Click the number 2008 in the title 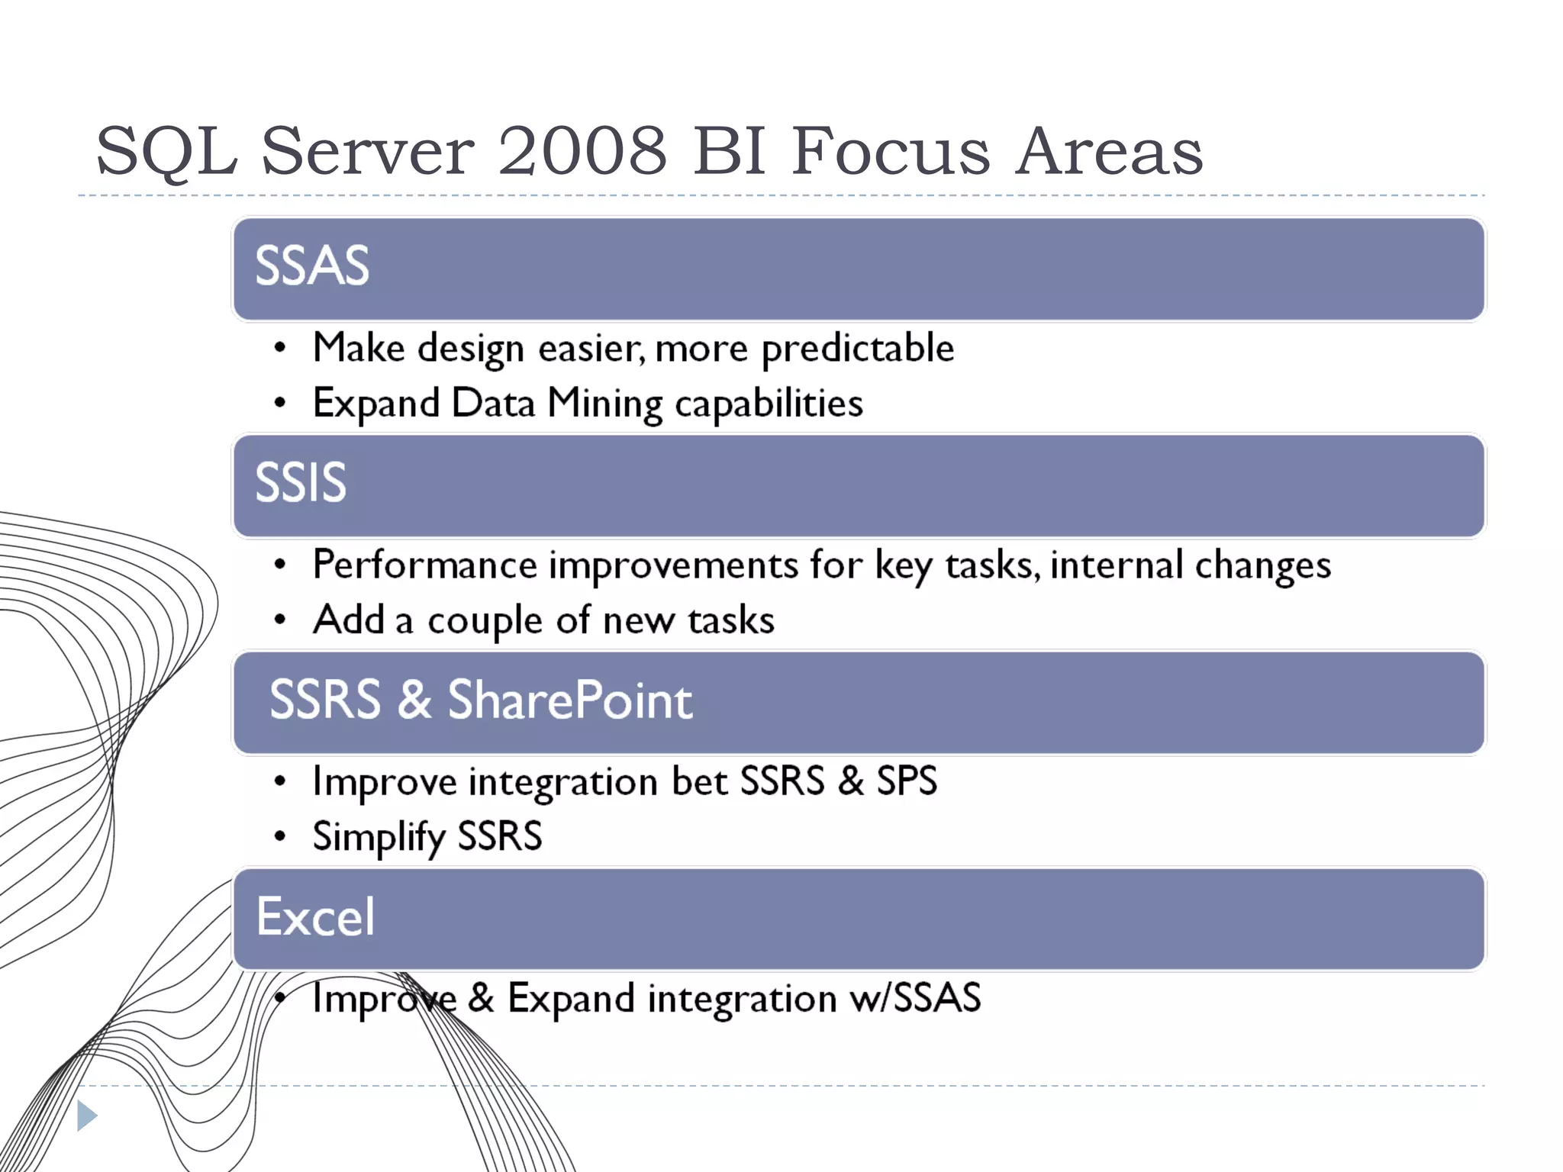coord(582,150)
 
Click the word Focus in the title coord(890,150)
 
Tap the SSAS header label coord(311,266)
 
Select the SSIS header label coord(300,483)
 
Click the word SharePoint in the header coord(569,700)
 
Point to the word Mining coord(604,404)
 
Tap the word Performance coord(425,566)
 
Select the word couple coord(485,621)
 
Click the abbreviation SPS coord(906,781)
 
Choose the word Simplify coord(379,837)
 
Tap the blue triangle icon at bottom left coord(86,1116)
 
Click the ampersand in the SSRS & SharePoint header coord(414,700)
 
